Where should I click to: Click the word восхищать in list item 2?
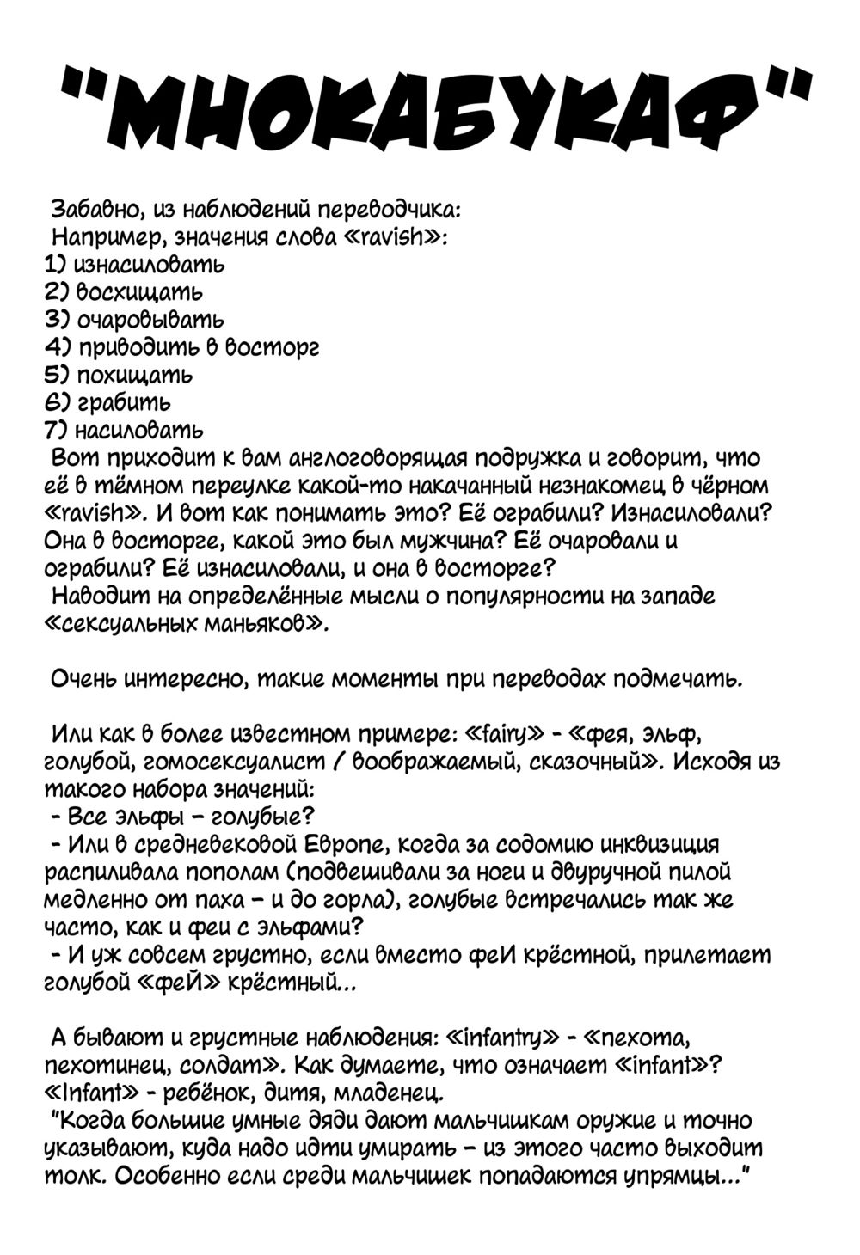pos(140,292)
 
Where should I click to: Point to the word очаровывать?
pos(150,320)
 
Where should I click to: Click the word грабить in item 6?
pos(124,403)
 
